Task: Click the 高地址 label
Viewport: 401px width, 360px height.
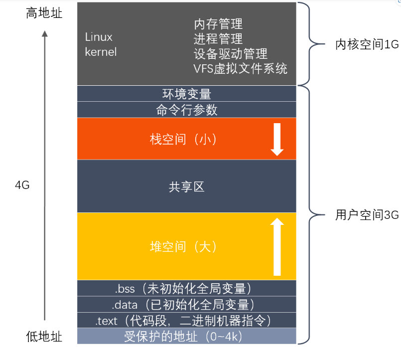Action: coord(44,13)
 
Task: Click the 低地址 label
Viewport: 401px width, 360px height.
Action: coord(44,337)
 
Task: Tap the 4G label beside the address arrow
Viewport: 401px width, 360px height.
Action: coord(22,185)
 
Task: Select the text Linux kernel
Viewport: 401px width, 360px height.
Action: coord(101,44)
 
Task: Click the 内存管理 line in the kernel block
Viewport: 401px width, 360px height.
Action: coord(218,24)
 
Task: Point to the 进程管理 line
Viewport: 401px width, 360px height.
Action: coord(218,38)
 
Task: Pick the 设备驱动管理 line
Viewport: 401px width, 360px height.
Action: coord(230,53)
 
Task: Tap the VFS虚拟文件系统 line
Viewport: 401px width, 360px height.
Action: coord(240,68)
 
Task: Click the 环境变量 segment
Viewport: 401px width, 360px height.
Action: coord(187,94)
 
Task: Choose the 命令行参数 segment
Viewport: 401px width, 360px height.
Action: coord(187,110)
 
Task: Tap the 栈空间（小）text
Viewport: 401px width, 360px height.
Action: coord(183,139)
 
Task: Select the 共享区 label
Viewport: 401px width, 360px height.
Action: coord(187,187)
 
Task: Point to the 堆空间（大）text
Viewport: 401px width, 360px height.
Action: coord(183,247)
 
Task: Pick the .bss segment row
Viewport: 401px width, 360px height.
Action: coord(187,288)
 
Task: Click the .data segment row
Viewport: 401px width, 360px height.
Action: coord(187,304)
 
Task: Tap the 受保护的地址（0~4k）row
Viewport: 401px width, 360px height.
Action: coord(187,337)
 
